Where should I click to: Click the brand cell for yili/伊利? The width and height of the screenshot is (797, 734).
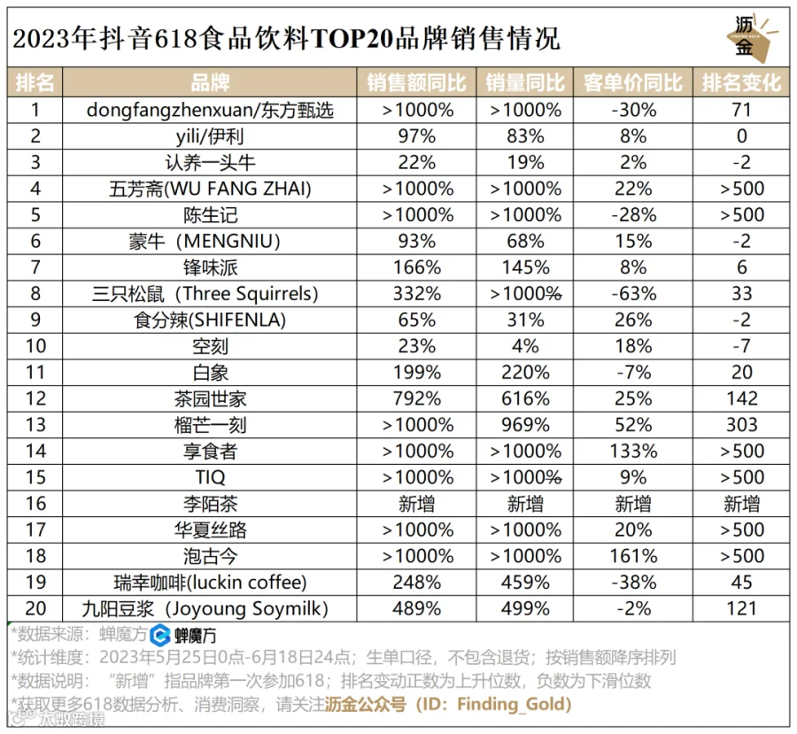[x=210, y=136]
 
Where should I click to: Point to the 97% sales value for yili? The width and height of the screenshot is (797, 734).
[x=417, y=136]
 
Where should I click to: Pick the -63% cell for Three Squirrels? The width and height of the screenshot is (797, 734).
[x=633, y=294]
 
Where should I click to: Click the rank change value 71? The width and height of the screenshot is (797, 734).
[x=741, y=110]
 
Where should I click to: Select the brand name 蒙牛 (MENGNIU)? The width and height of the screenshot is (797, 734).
[x=205, y=241]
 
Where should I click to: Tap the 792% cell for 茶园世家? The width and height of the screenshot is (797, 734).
[x=417, y=398]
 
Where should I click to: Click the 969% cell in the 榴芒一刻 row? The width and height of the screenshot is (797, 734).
[x=525, y=425]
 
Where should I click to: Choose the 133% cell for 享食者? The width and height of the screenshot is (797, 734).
[x=633, y=452]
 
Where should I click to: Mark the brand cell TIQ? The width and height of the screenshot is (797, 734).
[x=210, y=477]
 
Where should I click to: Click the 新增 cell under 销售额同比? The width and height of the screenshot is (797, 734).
[x=417, y=504]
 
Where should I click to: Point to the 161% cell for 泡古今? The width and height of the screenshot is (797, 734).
[x=633, y=556]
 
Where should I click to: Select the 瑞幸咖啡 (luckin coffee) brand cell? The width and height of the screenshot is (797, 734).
[x=210, y=583]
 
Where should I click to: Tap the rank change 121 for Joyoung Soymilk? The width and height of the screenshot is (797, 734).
[x=741, y=608]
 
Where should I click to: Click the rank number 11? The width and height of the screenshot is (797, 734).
[x=35, y=373]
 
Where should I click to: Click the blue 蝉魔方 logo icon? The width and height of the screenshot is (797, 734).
[x=159, y=635]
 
